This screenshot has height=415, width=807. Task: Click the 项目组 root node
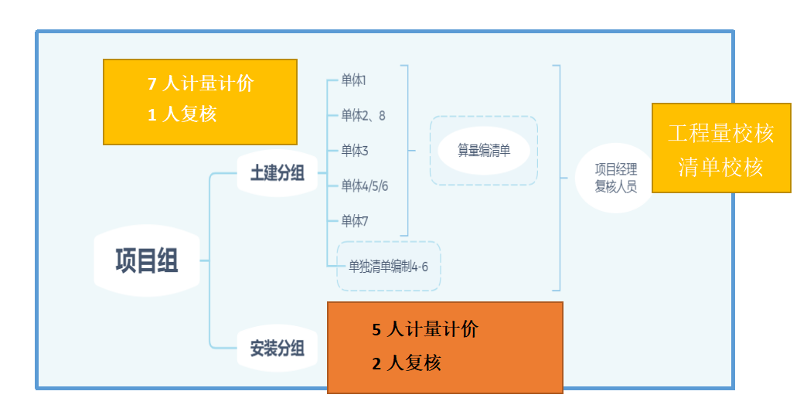146,260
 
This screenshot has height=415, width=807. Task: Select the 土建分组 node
277,173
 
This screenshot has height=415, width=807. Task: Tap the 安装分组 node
277,349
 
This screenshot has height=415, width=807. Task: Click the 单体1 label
353,80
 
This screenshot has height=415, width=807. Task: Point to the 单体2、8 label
363,115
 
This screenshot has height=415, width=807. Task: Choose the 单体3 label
354,150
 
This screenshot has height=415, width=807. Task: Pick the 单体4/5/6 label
364,185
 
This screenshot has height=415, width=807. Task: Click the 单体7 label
354,221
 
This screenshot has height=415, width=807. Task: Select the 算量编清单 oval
484,151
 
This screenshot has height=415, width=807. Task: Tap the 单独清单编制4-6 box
388,267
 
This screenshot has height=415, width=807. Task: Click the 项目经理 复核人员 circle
615,178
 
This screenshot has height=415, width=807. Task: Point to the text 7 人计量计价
201,83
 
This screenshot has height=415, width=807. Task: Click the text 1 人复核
182,114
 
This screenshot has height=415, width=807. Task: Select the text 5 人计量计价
425,329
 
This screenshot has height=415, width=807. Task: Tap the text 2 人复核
407,362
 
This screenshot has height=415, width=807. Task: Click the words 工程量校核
720,133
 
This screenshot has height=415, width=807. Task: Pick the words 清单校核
720,167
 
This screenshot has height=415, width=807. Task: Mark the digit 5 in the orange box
376,330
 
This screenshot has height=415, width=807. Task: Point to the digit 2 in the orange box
376,363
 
